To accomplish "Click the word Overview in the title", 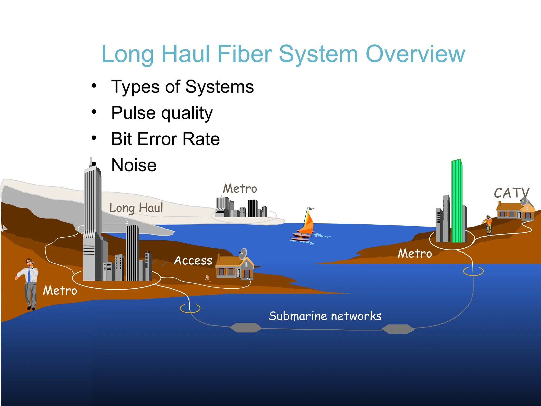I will [x=415, y=54].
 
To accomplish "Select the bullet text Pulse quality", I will [x=162, y=113].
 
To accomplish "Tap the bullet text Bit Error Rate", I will [x=165, y=139].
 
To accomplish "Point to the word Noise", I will [x=134, y=165].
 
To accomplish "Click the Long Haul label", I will [x=136, y=208].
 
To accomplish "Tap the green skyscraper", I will [x=457, y=201].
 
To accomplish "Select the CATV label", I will [x=511, y=193].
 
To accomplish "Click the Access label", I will [x=193, y=261].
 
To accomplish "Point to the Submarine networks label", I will [x=325, y=316].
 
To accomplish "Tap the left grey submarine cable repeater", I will [x=246, y=328].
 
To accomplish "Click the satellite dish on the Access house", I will [x=243, y=254].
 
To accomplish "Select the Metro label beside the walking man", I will [x=60, y=291].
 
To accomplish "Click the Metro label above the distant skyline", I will [x=240, y=189].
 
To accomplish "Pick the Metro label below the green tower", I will [x=415, y=254].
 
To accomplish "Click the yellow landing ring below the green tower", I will [x=473, y=271].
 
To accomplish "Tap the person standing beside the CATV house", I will [x=488, y=225].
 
